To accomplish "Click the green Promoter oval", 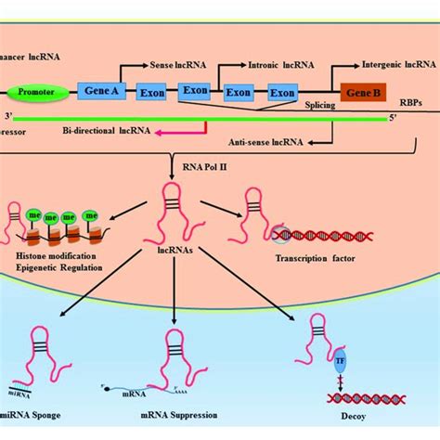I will coord(37,92).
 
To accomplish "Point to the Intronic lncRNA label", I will coord(283,66).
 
